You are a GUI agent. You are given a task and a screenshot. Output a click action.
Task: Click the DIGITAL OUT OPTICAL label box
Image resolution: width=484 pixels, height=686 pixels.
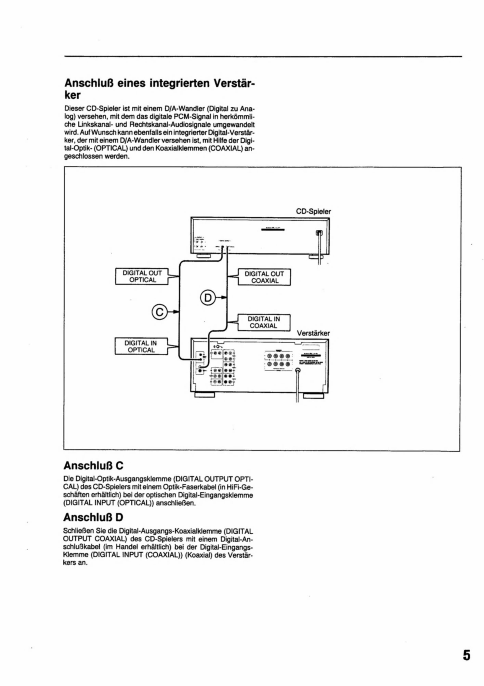pyautogui.click(x=142, y=276)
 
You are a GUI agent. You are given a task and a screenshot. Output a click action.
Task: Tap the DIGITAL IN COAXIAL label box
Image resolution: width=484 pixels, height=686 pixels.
pyautogui.click(x=264, y=322)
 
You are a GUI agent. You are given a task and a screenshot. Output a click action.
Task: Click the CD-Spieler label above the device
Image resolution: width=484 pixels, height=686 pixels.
pyautogui.click(x=313, y=211)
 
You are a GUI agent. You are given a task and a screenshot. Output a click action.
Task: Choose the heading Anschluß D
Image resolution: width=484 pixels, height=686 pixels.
pyautogui.click(x=93, y=517)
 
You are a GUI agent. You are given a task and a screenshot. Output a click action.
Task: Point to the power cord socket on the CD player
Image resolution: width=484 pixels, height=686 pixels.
pyautogui.click(x=319, y=233)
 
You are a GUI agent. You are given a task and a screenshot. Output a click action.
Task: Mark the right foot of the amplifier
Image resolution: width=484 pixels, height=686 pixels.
pyautogui.click(x=313, y=396)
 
